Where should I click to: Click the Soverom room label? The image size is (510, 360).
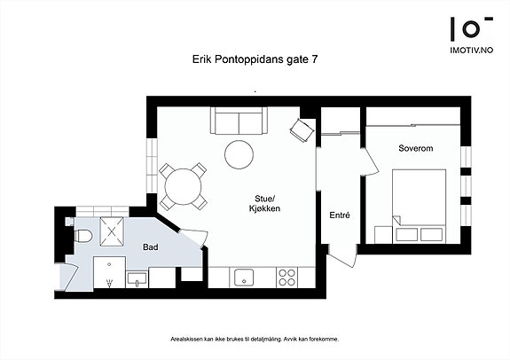point(416,148)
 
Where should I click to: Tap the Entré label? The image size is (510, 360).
point(340,215)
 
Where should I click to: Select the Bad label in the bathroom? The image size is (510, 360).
point(151,247)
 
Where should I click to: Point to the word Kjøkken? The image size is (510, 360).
point(264,208)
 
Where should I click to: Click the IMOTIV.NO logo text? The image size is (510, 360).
point(471,50)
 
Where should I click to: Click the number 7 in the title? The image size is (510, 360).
point(314,59)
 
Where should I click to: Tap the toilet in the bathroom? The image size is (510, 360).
point(83,236)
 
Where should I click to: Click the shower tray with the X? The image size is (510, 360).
point(112,231)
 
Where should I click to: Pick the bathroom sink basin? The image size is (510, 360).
point(137,280)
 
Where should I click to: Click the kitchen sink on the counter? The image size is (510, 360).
point(244,278)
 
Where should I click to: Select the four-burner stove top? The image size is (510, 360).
point(286,278)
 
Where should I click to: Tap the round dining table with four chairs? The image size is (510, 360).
point(183,187)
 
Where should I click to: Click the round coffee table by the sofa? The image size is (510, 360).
point(239,154)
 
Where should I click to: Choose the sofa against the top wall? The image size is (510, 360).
point(239,121)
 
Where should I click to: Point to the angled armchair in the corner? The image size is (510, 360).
point(302,129)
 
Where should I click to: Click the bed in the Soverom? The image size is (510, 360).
point(419,206)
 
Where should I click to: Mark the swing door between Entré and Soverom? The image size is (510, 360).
point(370,161)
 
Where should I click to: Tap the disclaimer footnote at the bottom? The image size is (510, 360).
point(255,340)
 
